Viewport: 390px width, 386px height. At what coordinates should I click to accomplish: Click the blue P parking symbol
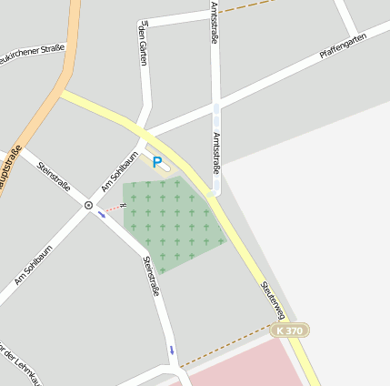(x=157, y=163)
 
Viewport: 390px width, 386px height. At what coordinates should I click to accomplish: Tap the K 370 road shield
(x=290, y=330)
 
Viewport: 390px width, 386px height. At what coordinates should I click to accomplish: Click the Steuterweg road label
(x=272, y=300)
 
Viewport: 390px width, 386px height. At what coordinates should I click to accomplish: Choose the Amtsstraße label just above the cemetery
(x=215, y=152)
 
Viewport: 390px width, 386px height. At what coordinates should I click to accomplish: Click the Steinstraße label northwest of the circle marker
(x=53, y=170)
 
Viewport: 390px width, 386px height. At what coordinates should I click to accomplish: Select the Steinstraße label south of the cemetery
(x=151, y=276)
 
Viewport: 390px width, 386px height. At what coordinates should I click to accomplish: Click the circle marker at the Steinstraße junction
(x=88, y=206)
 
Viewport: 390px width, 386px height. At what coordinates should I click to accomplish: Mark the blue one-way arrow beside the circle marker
(x=101, y=215)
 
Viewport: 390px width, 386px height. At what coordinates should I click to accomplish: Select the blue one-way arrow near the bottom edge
(x=171, y=350)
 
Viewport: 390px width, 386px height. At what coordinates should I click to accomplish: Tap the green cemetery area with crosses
(x=173, y=222)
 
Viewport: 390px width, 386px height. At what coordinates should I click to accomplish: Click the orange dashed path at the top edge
(x=245, y=6)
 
